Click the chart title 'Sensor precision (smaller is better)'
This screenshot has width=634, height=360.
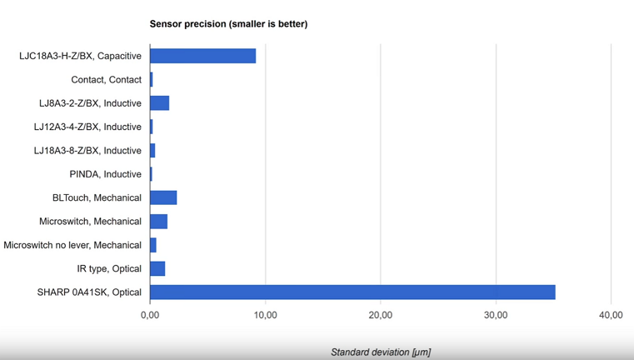228,23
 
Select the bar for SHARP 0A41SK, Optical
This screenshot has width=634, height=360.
352,292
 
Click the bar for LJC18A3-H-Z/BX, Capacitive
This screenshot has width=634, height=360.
202,56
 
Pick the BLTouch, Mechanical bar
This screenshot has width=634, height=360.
163,197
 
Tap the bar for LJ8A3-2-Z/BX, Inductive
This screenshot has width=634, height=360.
159,103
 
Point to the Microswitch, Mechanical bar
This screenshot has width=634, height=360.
158,222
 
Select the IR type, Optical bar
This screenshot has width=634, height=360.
157,268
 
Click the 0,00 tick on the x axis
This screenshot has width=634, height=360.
150,315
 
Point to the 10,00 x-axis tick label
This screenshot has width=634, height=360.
265,315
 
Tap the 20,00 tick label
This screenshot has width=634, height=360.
380,315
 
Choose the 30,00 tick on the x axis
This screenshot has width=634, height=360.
496,315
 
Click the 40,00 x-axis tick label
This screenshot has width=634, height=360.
611,315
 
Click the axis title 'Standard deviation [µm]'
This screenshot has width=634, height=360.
380,352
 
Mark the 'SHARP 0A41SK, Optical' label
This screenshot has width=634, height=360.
89,292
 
